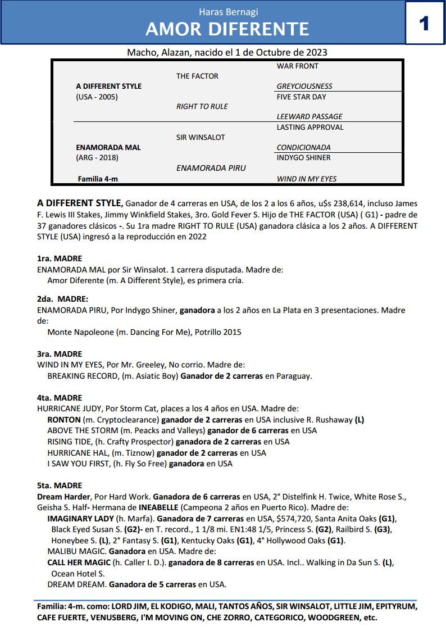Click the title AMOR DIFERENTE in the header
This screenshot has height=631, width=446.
(227, 29)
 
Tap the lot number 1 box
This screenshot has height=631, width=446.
(425, 23)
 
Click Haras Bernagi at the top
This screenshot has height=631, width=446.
(227, 11)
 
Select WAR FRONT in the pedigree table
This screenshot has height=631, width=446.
(297, 66)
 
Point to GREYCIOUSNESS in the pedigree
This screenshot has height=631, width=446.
(304, 87)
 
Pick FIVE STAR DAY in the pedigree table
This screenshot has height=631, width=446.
(301, 97)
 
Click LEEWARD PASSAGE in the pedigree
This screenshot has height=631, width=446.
(310, 117)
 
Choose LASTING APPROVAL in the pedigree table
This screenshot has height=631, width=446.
(310, 128)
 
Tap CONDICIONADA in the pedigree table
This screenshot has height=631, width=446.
(303, 148)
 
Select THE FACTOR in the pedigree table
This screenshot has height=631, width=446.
(197, 76)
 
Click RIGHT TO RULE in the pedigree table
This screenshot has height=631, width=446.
(202, 107)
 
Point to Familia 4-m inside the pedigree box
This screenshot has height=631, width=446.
(98, 179)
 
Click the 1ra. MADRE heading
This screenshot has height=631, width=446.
(59, 258)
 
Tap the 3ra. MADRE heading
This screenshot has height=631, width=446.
(59, 354)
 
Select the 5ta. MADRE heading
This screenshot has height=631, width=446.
(59, 485)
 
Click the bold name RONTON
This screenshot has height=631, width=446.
(64, 420)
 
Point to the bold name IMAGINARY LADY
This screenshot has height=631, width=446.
(80, 519)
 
